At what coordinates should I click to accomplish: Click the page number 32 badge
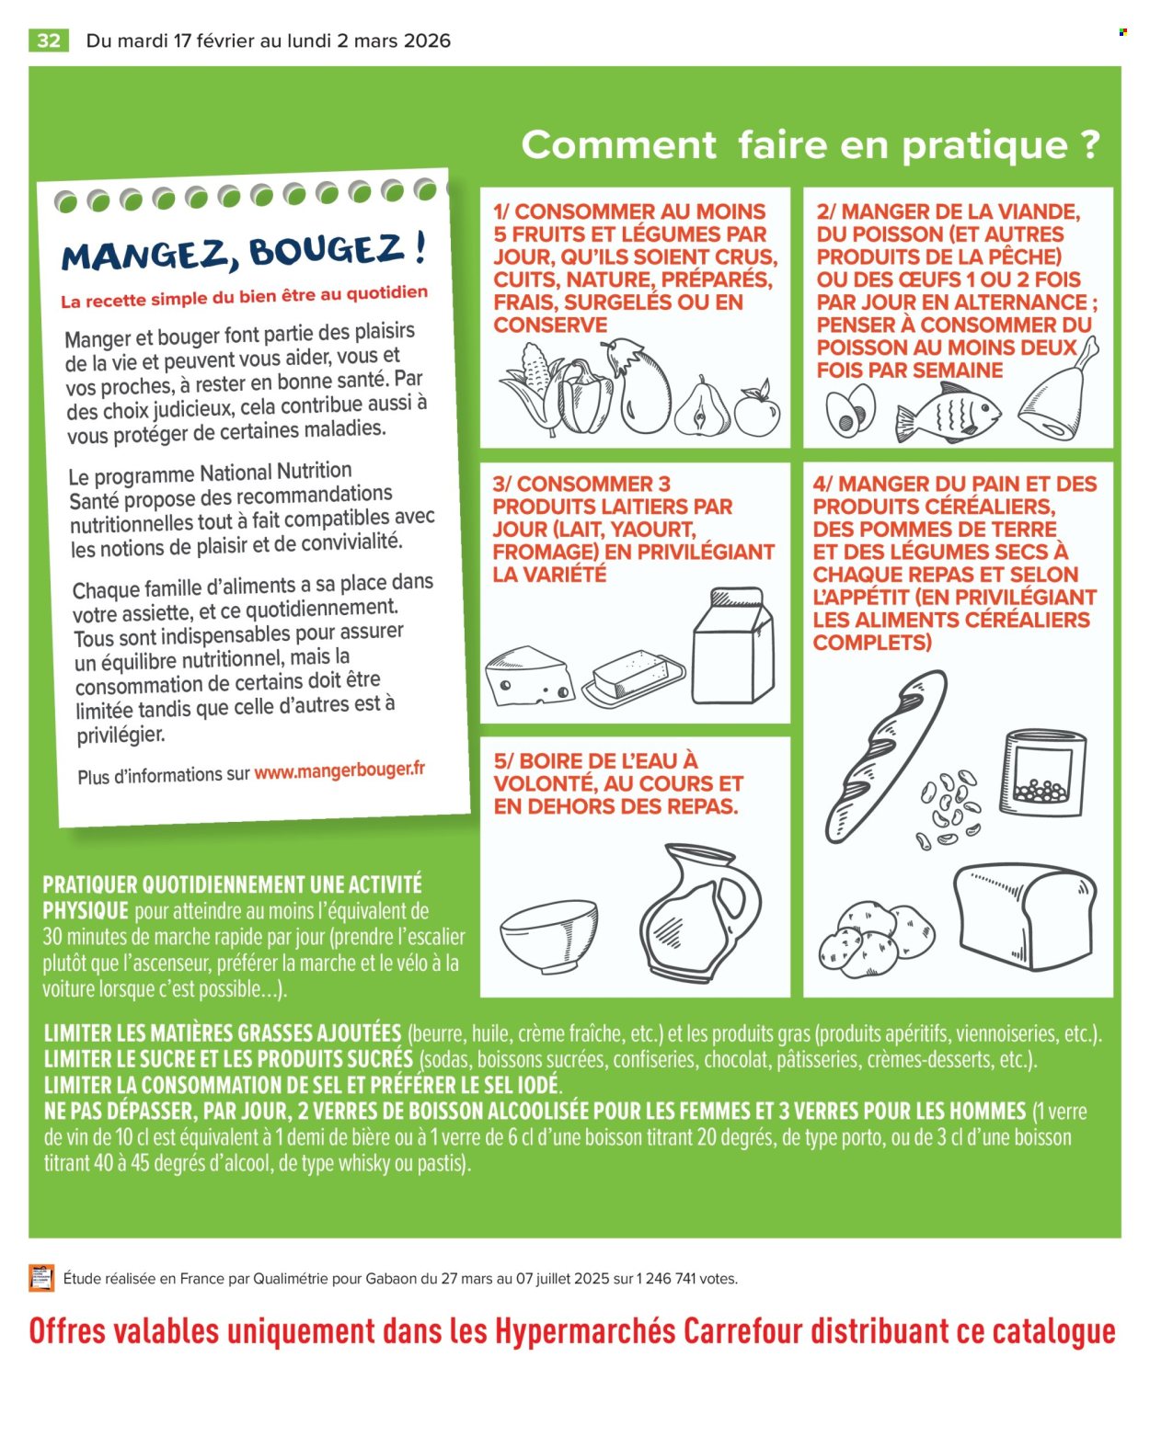(49, 40)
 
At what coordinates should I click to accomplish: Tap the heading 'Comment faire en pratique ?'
(810, 145)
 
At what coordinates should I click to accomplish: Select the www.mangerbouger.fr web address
(339, 771)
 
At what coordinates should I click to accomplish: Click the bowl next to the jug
(548, 935)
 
